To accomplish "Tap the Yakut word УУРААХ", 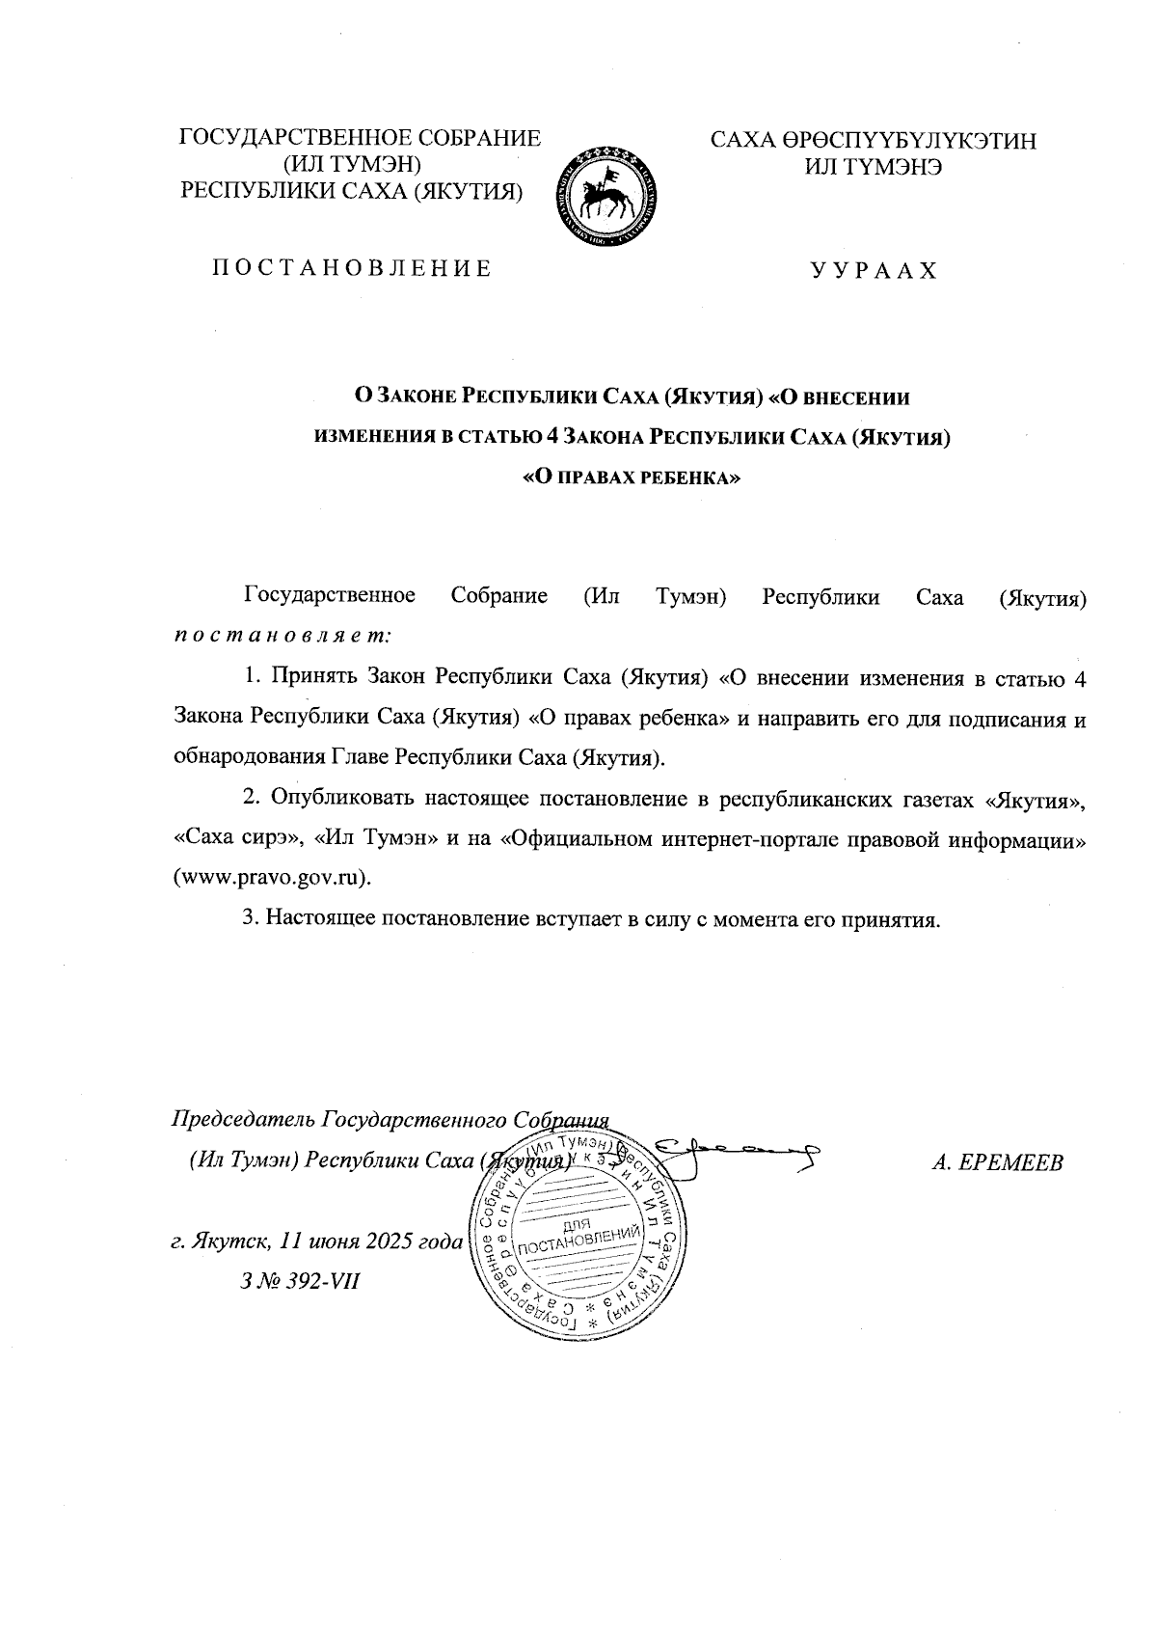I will [874, 270].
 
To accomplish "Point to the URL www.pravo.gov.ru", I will [271, 879].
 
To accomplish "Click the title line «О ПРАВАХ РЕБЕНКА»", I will [631, 477].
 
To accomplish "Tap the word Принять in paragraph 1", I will [314, 677].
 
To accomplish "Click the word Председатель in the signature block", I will [242, 1119].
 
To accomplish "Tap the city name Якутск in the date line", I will [225, 1241].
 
